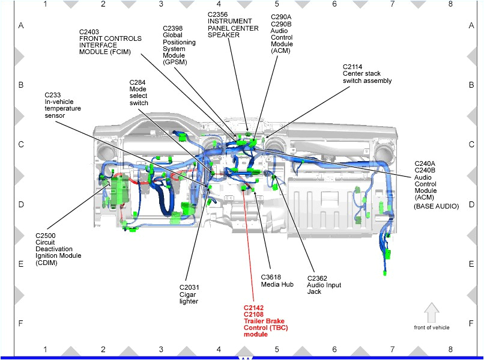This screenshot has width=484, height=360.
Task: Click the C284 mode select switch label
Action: [139, 92]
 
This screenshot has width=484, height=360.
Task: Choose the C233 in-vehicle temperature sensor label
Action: [62, 105]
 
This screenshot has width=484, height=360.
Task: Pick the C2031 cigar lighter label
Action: [189, 294]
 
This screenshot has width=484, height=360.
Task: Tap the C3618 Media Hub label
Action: [277, 281]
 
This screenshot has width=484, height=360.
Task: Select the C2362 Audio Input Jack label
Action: [324, 285]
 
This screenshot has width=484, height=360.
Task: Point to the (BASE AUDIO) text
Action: [436, 206]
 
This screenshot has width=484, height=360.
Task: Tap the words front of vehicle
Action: [431, 328]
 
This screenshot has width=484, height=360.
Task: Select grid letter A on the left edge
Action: [20, 26]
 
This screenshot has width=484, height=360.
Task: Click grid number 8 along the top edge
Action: [450, 4]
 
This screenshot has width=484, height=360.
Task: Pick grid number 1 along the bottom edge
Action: [45, 349]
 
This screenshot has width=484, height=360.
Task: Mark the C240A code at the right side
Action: [425, 163]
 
